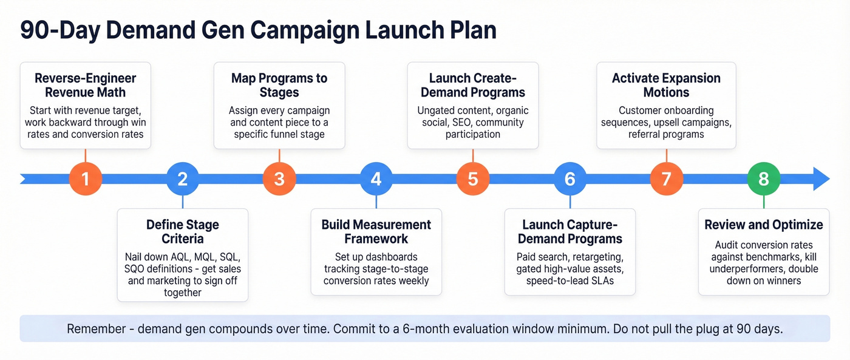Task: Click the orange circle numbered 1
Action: click(x=86, y=179)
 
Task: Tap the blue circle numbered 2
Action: click(x=183, y=179)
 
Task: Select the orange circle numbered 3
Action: click(x=279, y=179)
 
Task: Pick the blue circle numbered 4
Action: click(x=376, y=179)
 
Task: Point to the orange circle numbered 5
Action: click(x=473, y=179)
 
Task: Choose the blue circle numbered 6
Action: click(x=569, y=179)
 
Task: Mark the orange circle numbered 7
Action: click(x=667, y=179)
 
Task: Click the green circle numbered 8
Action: click(x=764, y=179)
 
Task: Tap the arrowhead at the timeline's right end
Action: click(x=820, y=179)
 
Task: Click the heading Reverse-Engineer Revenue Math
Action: click(x=86, y=86)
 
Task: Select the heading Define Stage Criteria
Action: click(x=183, y=231)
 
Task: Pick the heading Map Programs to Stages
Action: click(x=279, y=86)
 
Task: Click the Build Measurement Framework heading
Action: click(x=376, y=231)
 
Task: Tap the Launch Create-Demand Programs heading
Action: click(x=473, y=86)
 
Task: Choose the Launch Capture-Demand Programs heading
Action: click(x=569, y=231)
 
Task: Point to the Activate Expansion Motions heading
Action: click(x=667, y=86)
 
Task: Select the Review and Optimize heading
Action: click(x=764, y=225)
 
